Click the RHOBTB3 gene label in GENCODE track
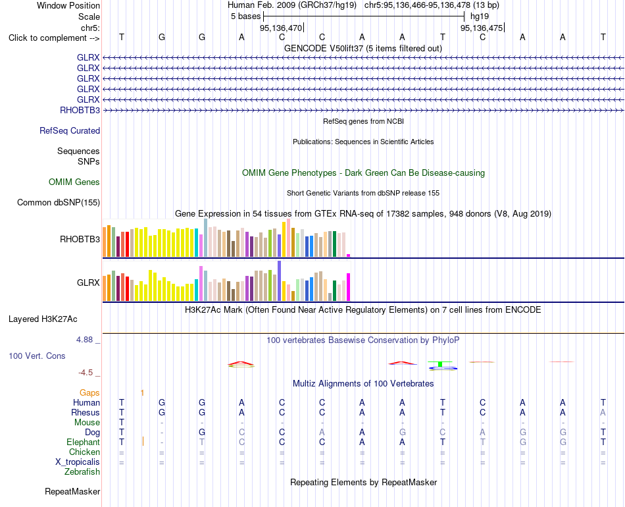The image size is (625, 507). pyautogui.click(x=80, y=110)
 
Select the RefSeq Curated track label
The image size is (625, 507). pyautogui.click(x=70, y=130)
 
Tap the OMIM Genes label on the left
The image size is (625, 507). pyautogui.click(x=74, y=182)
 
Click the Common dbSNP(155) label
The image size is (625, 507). pyautogui.click(x=59, y=202)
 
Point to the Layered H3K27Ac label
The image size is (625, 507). pyautogui.click(x=43, y=319)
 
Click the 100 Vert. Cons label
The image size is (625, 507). pyautogui.click(x=37, y=356)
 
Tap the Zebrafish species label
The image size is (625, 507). pyautogui.click(x=82, y=471)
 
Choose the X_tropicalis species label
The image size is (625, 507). pyautogui.click(x=78, y=462)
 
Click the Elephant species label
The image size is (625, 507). pyautogui.click(x=84, y=442)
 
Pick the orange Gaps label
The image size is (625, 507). pyautogui.click(x=89, y=393)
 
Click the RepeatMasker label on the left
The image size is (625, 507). pyautogui.click(x=72, y=491)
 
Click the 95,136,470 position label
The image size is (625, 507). pyautogui.click(x=281, y=28)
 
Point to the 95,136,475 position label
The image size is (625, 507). pyautogui.click(x=482, y=28)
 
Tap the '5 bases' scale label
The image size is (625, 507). pyautogui.click(x=245, y=16)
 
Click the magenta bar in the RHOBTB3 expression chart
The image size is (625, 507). pyautogui.click(x=349, y=255)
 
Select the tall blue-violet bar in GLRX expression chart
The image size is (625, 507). pyautogui.click(x=280, y=280)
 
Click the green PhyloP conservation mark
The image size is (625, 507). pyautogui.click(x=440, y=364)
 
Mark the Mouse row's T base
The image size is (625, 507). pyautogui.click(x=122, y=422)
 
